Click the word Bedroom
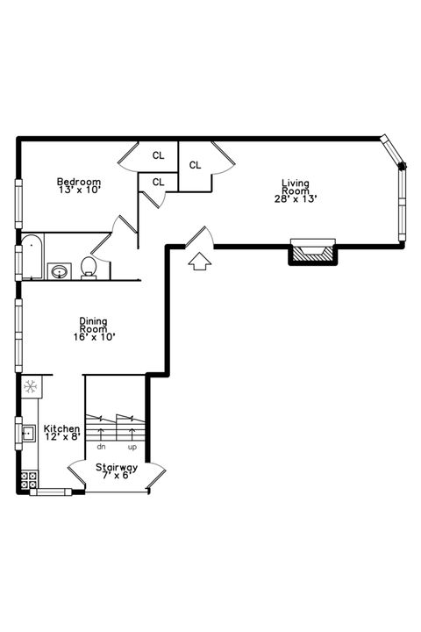tap(79, 182)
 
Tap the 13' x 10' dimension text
tap(79, 190)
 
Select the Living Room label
tap(295, 187)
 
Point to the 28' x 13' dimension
tap(295, 198)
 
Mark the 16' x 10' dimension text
tap(94, 335)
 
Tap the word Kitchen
tap(61, 428)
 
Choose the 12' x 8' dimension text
tap(61, 436)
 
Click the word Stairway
tap(117, 468)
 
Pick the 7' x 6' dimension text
tap(117, 476)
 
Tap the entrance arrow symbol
tap(199, 261)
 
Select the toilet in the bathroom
tap(89, 267)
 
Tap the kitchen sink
tap(28, 431)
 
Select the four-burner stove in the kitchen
tap(29, 479)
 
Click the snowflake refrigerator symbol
tap(29, 385)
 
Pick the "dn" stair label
tap(101, 447)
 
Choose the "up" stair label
tap(132, 447)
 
